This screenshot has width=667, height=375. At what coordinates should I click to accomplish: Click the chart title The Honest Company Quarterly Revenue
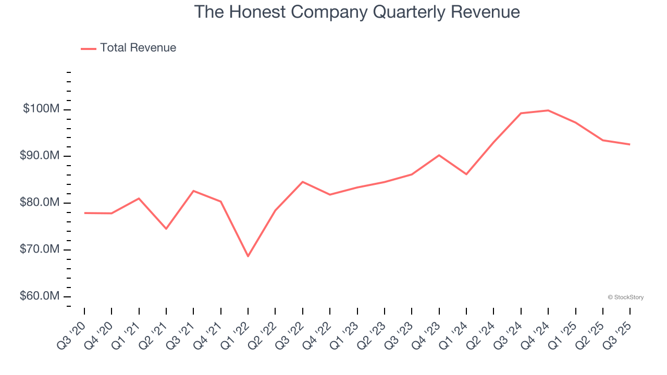click(x=357, y=12)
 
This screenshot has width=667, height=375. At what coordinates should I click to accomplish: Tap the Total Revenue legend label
click(x=138, y=48)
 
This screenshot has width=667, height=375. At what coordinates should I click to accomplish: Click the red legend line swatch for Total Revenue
click(x=89, y=48)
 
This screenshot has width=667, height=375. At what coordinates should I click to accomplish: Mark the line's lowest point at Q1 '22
click(x=248, y=256)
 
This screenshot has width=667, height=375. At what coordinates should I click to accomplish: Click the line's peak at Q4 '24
click(x=548, y=110)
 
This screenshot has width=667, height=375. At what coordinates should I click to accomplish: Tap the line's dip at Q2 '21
click(x=166, y=229)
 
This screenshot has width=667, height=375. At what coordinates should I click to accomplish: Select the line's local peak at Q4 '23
click(x=439, y=155)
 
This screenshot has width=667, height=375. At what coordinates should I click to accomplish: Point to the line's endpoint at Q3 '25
click(x=630, y=144)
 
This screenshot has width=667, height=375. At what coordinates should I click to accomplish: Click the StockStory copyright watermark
click(x=626, y=297)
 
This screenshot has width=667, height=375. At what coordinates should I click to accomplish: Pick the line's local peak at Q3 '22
click(x=303, y=182)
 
